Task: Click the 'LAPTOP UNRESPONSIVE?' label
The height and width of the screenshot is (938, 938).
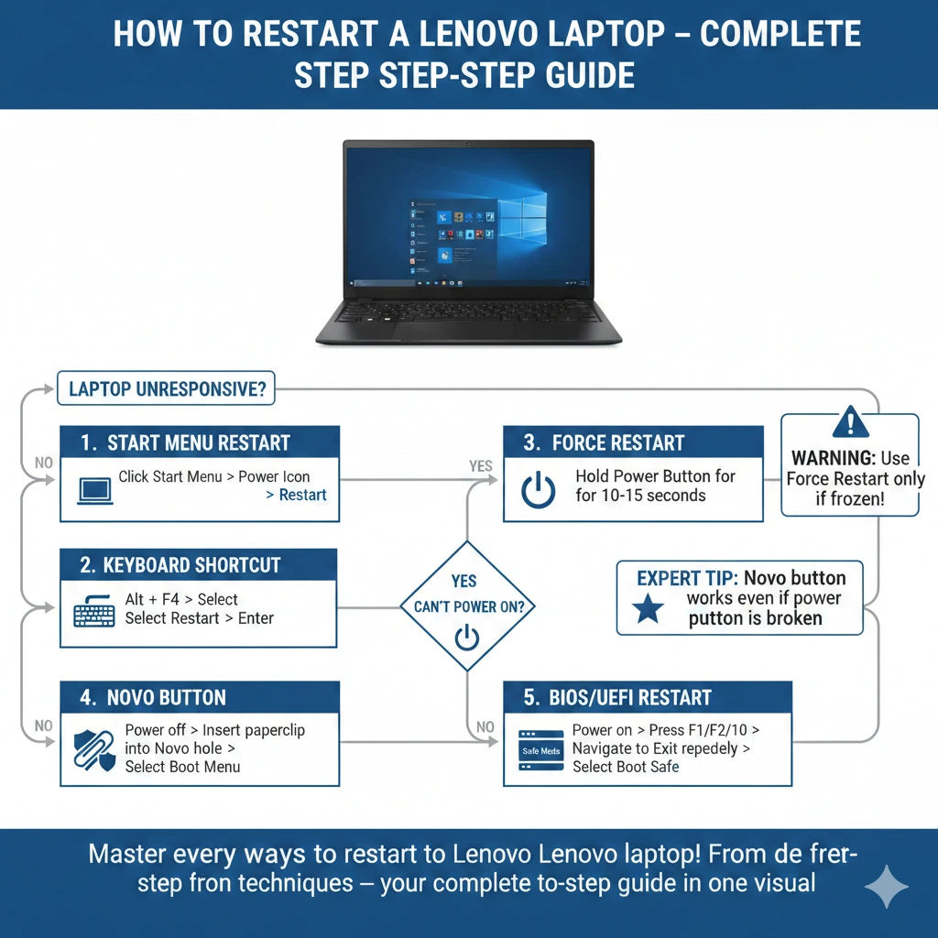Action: [166, 389]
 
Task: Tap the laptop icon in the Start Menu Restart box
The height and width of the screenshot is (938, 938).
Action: [94, 489]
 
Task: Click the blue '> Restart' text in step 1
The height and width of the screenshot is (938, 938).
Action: [296, 496]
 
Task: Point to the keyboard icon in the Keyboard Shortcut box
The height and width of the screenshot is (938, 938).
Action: [93, 610]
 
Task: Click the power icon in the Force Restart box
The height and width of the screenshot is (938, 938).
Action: [538, 490]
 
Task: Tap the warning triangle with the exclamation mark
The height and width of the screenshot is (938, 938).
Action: [850, 423]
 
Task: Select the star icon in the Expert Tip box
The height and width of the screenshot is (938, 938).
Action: [649, 607]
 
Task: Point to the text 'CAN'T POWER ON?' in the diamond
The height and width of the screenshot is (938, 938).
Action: [467, 606]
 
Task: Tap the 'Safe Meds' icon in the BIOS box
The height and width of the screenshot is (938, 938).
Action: [540, 751]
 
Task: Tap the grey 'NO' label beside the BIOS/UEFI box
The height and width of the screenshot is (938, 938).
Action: [485, 727]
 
